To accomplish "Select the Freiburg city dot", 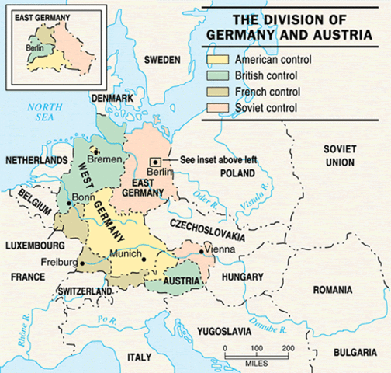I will pos(81,264).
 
